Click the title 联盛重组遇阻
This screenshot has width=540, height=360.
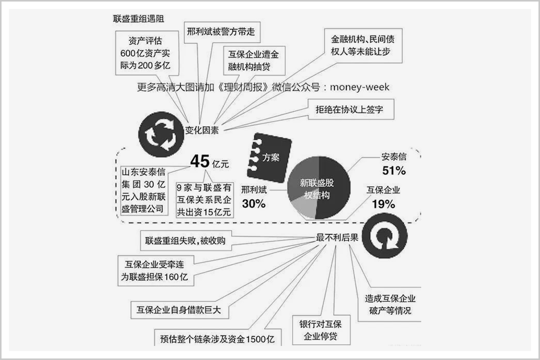click(x=138, y=18)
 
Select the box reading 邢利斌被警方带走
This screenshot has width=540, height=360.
click(x=222, y=32)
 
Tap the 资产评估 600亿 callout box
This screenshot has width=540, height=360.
click(x=147, y=53)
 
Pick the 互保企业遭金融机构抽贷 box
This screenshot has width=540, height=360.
click(x=254, y=60)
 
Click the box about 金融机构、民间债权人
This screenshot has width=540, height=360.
click(x=363, y=45)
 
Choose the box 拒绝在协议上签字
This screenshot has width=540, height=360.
click(x=350, y=110)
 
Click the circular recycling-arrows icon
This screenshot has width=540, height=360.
click(x=161, y=134)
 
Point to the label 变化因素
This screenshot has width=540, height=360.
click(x=202, y=130)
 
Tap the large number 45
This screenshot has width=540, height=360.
click(x=200, y=161)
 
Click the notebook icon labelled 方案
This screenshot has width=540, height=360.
click(x=269, y=158)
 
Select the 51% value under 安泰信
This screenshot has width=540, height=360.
click(x=394, y=171)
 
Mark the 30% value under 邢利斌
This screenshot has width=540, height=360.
click(x=254, y=203)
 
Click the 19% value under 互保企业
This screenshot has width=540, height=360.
click(x=383, y=204)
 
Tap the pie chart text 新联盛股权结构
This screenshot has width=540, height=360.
click(x=316, y=189)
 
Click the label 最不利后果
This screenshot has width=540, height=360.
click(x=337, y=237)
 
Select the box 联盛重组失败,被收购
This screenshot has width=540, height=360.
click(x=186, y=241)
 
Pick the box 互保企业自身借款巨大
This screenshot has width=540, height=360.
click(x=179, y=310)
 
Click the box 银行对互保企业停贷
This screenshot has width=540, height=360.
click(x=321, y=330)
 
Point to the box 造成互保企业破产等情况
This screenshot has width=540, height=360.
click(x=390, y=304)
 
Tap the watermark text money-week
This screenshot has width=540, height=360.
click(x=360, y=87)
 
